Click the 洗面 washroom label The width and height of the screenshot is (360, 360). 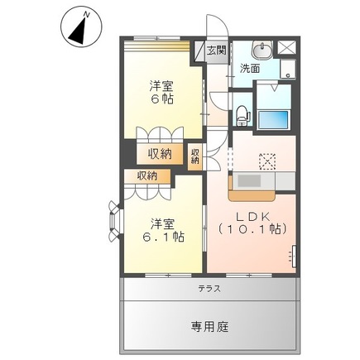[x=250, y=69]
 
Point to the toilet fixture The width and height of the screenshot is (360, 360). [x=242, y=113]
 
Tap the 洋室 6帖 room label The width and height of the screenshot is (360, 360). [x=161, y=92]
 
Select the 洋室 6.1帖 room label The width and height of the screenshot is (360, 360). [x=161, y=229]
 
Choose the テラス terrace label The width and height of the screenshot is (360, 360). [x=209, y=289]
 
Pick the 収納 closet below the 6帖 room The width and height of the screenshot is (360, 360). [x=161, y=153]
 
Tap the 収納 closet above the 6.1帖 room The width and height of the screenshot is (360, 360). [x=146, y=175]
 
